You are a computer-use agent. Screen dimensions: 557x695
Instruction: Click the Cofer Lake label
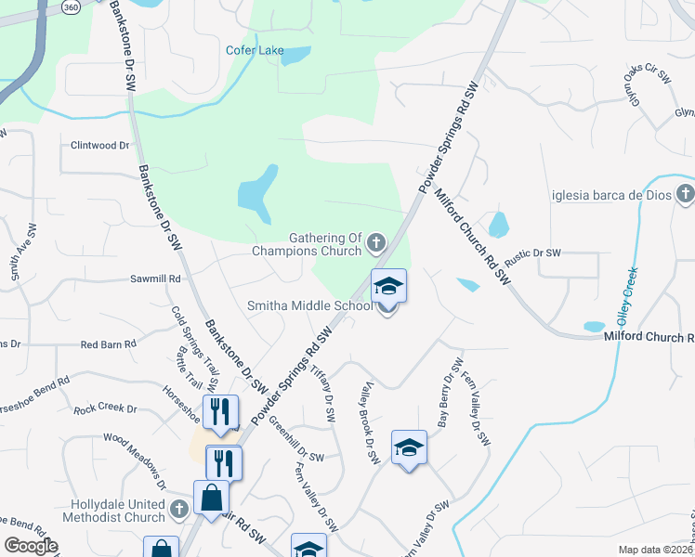(x=255, y=50)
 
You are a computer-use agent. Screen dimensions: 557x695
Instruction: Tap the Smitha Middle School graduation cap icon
(x=389, y=285)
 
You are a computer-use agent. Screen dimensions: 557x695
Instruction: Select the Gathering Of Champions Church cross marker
(x=376, y=243)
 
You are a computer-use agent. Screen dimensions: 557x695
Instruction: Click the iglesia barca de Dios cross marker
(x=686, y=194)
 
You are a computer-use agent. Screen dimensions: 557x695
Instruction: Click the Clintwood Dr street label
(x=100, y=146)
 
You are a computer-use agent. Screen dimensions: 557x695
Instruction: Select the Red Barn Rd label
(x=109, y=344)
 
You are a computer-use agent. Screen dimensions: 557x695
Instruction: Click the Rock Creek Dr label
(x=105, y=408)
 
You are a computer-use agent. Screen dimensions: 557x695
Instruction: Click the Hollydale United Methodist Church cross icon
(x=180, y=510)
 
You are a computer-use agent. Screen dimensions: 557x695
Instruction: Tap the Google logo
(x=31, y=546)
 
